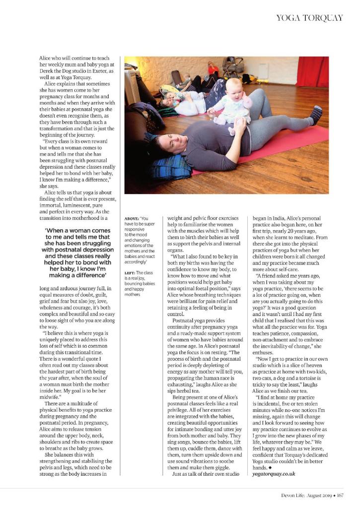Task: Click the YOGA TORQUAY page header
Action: [x=309, y=18]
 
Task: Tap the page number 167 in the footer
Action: [x=340, y=495]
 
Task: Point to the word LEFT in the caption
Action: [x=130, y=273]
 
